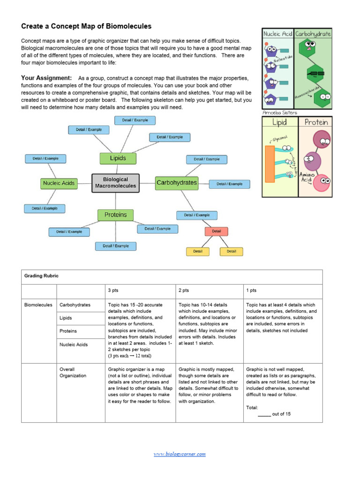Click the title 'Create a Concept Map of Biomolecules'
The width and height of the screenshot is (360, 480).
click(86, 26)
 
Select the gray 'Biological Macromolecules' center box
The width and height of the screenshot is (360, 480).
click(115, 182)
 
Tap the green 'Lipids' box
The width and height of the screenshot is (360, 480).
click(118, 158)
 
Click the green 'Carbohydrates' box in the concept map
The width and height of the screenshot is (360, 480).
click(177, 183)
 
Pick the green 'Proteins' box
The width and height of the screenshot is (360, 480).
click(115, 215)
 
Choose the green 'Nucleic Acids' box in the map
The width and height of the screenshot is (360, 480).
click(59, 183)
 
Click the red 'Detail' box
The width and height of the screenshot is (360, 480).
click(217, 231)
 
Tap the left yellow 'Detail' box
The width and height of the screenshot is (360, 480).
click(198, 251)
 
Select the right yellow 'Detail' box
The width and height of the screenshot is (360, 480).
click(232, 251)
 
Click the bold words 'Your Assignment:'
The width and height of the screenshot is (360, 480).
click(46, 78)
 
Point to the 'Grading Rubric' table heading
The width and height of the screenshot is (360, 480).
click(41, 276)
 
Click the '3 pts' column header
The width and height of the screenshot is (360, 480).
click(113, 291)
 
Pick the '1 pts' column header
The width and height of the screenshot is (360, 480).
click(251, 291)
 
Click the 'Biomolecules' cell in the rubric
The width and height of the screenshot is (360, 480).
click(38, 305)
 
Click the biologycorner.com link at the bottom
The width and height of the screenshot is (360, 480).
click(180, 454)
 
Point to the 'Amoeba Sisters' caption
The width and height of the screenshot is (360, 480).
click(279, 113)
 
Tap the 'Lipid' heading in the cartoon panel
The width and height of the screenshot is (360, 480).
click(279, 122)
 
